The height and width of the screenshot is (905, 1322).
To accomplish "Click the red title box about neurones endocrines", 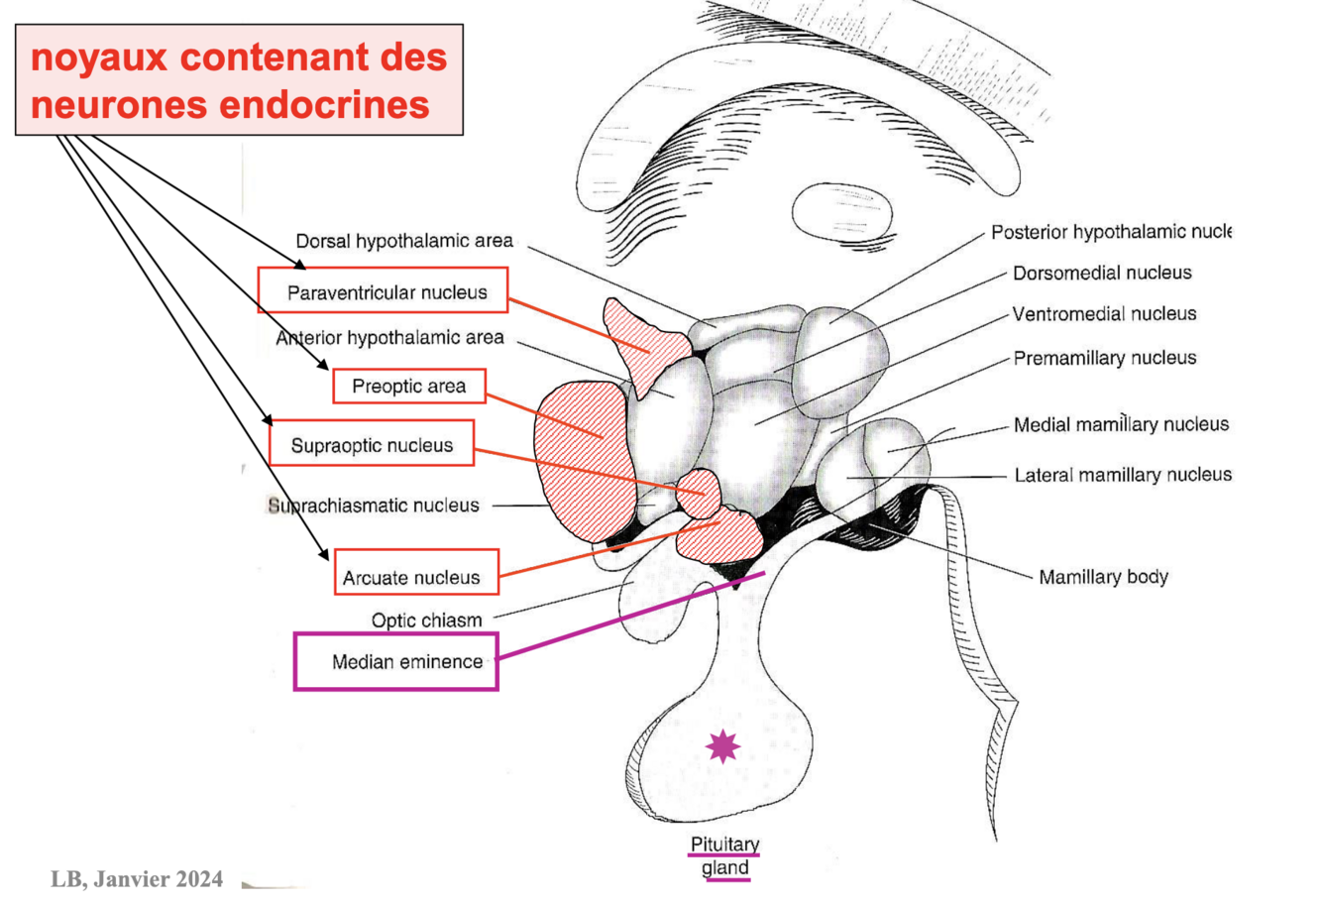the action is (239, 80).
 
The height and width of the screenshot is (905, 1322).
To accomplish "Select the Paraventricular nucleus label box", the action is (384, 291).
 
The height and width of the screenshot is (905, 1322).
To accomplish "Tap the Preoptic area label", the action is (409, 387).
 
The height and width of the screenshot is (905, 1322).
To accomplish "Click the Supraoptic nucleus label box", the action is (372, 445).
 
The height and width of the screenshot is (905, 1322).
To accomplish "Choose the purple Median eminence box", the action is (396, 661).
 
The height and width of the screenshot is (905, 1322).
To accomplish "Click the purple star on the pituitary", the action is (722, 745).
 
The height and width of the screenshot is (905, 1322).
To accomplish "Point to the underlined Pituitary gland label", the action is (724, 856).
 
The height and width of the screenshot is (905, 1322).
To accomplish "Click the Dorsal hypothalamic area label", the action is (404, 241).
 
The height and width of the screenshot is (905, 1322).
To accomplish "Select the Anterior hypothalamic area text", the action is (390, 338).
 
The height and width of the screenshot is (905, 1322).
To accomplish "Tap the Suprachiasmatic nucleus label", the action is (374, 506).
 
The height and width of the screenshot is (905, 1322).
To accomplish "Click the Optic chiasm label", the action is (426, 621).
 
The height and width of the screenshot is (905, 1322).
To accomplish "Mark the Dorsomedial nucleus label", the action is (1102, 274).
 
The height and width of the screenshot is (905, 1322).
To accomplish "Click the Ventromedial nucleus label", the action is (1104, 314).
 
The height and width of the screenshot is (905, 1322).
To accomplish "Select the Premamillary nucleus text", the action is (1104, 358).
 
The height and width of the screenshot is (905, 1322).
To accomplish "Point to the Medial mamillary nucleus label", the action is (1121, 425).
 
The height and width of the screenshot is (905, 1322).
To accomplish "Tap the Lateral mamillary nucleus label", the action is (1123, 476).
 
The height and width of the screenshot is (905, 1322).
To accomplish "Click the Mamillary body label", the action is (1103, 577).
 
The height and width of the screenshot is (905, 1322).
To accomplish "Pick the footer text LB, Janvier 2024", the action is (137, 879).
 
